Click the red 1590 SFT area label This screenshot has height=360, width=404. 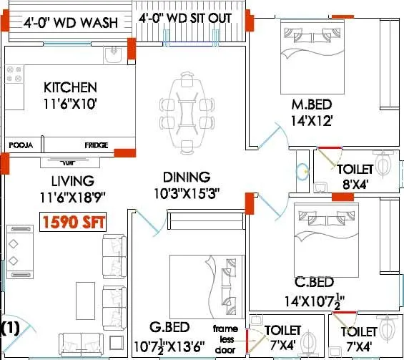(72, 222)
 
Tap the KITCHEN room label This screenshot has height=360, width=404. (70, 87)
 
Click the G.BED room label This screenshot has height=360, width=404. (169, 329)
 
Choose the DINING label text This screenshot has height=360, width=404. (186, 177)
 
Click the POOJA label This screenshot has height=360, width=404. (21, 145)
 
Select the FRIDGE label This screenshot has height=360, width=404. (97, 145)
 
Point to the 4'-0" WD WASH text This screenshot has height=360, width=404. (70, 23)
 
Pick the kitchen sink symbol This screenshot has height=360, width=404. (114, 55)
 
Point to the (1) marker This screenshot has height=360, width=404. (10, 329)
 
